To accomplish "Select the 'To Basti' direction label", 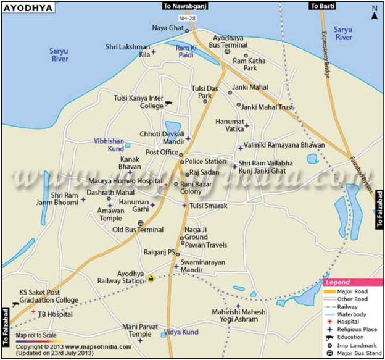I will coord(323,6).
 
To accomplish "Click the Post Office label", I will coord(160,152).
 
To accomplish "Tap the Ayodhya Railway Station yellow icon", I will coord(151,279).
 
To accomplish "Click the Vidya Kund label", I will coord(184,332).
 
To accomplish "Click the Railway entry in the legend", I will coord(349,306).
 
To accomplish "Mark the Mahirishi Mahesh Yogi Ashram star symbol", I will coord(238,306).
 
